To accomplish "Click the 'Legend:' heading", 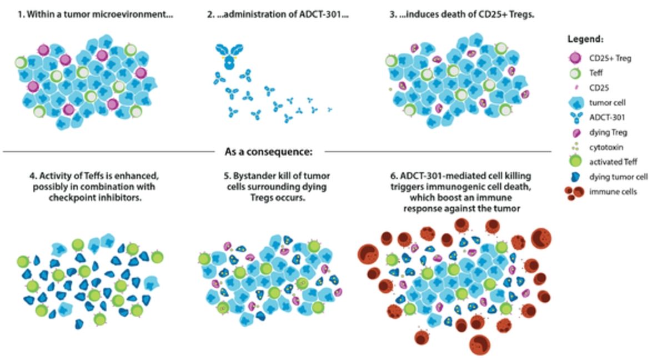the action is [585, 39].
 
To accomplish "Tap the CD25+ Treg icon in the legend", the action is [575, 58].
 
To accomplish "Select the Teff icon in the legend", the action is [575, 73].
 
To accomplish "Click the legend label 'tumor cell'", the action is [607, 103].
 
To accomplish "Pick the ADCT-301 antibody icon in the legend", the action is [576, 118].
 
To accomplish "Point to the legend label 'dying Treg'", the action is [608, 133].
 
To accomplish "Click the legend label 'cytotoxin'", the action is [606, 147].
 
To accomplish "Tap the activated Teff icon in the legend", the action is [575, 162].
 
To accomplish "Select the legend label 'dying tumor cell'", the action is [618, 177].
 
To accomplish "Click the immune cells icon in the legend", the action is [574, 193].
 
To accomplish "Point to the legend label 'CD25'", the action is [599, 88].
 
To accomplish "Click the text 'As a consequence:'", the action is [269, 152].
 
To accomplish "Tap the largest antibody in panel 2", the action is [229, 56].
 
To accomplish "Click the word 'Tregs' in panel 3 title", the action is [522, 14].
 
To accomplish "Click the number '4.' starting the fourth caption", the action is [33, 176].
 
